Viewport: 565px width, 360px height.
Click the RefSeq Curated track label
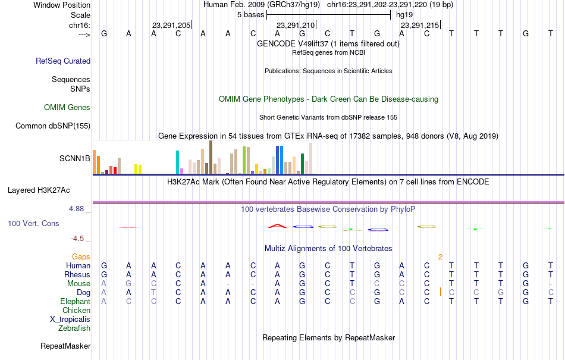pyautogui.click(x=63, y=61)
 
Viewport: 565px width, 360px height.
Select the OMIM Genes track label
pyautogui.click(x=67, y=107)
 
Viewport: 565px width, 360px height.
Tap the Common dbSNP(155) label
pyautogui.click(x=53, y=126)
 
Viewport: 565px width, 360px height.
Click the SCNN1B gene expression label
pyautogui.click(x=74, y=158)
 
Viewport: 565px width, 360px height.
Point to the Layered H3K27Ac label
pyautogui.click(x=39, y=190)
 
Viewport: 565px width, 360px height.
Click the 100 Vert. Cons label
pyautogui.click(x=33, y=223)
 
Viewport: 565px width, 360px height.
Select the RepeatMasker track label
pyautogui.click(x=65, y=346)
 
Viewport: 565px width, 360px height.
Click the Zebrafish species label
pyautogui.click(x=74, y=328)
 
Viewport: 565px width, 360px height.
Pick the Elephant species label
pyautogui.click(x=76, y=301)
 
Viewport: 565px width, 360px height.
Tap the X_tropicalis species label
pyautogui.click(x=70, y=320)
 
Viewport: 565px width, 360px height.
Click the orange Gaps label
pyautogui.click(x=81, y=256)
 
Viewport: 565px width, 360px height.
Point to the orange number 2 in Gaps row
pyautogui.click(x=440, y=257)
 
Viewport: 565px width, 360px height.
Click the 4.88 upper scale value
pyautogui.click(x=76, y=209)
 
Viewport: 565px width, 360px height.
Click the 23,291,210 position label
pyautogui.click(x=296, y=25)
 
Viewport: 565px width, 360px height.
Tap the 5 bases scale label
pyautogui.click(x=251, y=15)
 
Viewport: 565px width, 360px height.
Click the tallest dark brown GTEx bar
pyautogui.click(x=211, y=157)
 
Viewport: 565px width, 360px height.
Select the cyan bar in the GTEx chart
pyautogui.click(x=177, y=162)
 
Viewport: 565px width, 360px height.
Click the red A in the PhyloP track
pyautogui.click(x=277, y=226)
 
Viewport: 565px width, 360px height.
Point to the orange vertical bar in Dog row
pyautogui.click(x=440, y=292)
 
